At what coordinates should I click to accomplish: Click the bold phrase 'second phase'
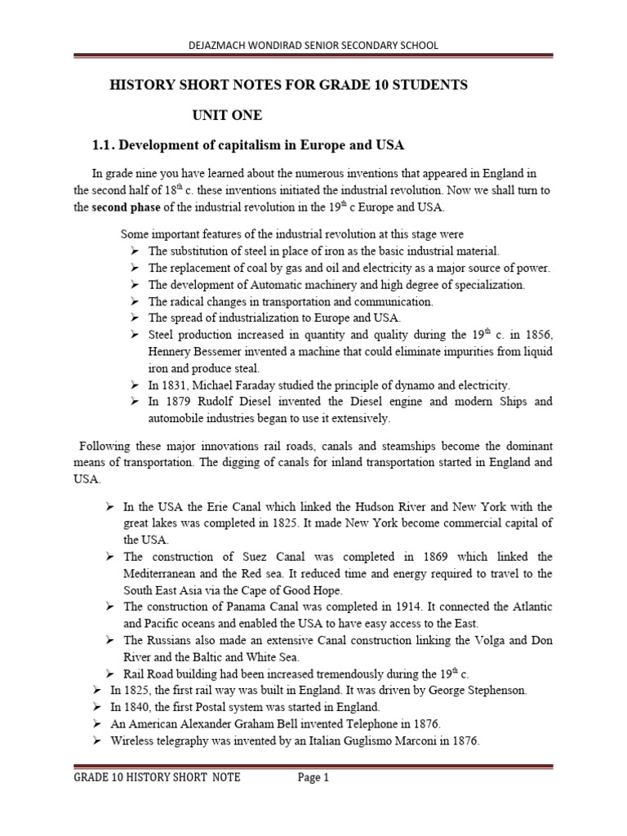[x=122, y=207]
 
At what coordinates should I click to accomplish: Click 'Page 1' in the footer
[x=313, y=778]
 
